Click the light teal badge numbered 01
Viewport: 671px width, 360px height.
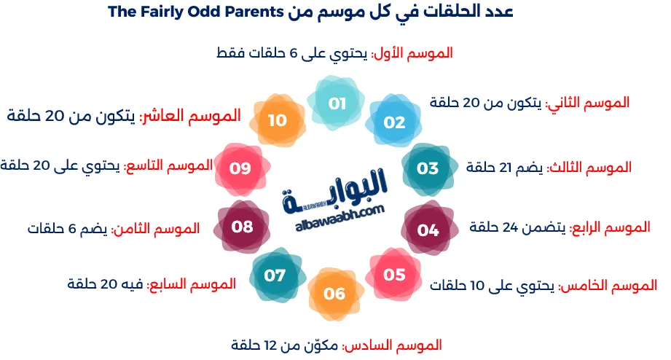[336, 104]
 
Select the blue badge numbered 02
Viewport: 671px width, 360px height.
[394, 122]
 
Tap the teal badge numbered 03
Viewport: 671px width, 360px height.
[428, 168]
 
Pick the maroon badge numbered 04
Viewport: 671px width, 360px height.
[428, 230]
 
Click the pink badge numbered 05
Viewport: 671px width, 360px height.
[394, 275]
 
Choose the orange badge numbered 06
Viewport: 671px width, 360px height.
[334, 294]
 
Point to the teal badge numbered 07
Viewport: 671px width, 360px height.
[275, 275]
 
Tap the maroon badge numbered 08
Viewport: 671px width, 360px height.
[242, 227]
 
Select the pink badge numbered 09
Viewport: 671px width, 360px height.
[240, 168]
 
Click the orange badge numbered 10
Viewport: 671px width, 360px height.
[277, 120]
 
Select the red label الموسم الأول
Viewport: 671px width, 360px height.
[413, 53]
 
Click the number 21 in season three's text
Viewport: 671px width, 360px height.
[506, 167]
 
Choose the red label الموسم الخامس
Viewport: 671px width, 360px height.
[608, 285]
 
